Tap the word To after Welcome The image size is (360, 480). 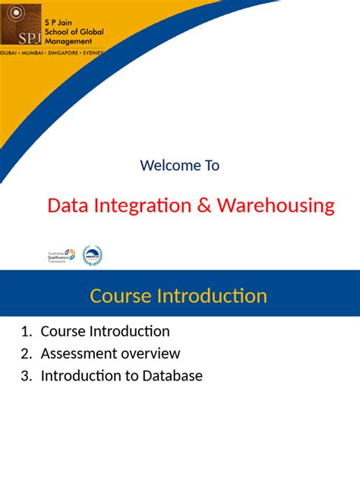(211, 165)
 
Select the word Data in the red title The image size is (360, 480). (67, 205)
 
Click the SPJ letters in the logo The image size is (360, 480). (16, 36)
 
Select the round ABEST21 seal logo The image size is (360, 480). (92, 256)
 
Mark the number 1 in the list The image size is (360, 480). (25, 332)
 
